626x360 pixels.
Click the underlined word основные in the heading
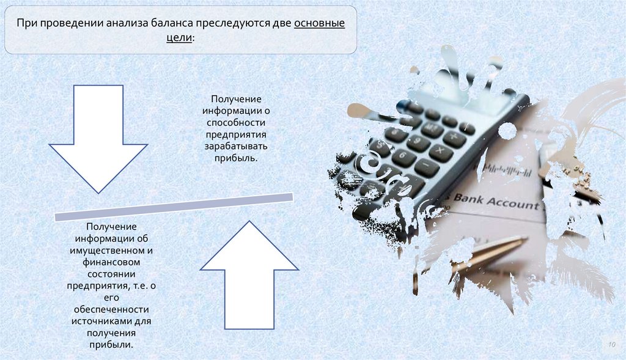click(x=319, y=23)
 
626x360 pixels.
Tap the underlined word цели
click(x=179, y=38)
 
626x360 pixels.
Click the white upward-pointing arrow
click(x=249, y=275)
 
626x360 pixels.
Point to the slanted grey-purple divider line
click(x=174, y=207)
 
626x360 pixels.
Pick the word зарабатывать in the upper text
click(x=235, y=146)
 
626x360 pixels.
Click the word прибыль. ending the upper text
click(x=235, y=158)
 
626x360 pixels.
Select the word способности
click(x=235, y=122)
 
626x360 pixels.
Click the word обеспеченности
click(x=111, y=309)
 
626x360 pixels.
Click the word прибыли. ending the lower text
click(x=111, y=345)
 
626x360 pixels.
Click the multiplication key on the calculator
click(x=440, y=151)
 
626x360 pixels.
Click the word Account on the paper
click(x=513, y=203)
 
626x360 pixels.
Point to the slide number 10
click(x=611, y=345)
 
